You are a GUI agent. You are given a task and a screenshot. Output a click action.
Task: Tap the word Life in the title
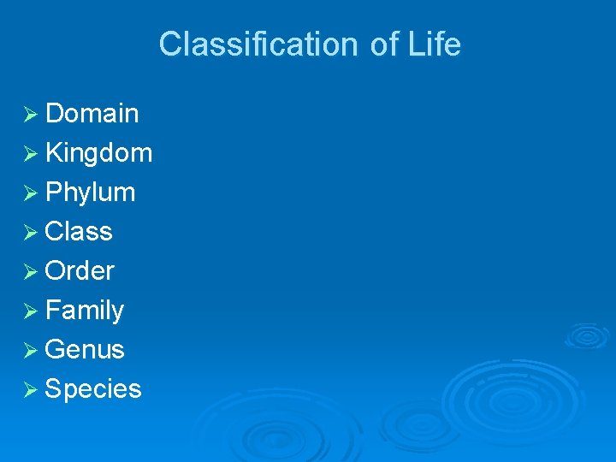[435, 44]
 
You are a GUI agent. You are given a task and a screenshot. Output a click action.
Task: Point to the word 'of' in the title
[385, 44]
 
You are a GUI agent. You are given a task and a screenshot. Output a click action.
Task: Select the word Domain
[92, 113]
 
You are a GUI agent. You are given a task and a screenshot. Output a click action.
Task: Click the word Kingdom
[98, 153]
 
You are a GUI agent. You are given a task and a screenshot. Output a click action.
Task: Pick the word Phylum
[90, 192]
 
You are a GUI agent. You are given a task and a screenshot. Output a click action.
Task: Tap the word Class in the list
[79, 232]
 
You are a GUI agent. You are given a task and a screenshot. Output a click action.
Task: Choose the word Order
[80, 271]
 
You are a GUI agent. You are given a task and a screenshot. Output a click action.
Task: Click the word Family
[85, 311]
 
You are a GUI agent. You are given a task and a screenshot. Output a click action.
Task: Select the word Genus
[85, 350]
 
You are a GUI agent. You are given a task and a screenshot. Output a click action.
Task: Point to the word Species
[93, 389]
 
